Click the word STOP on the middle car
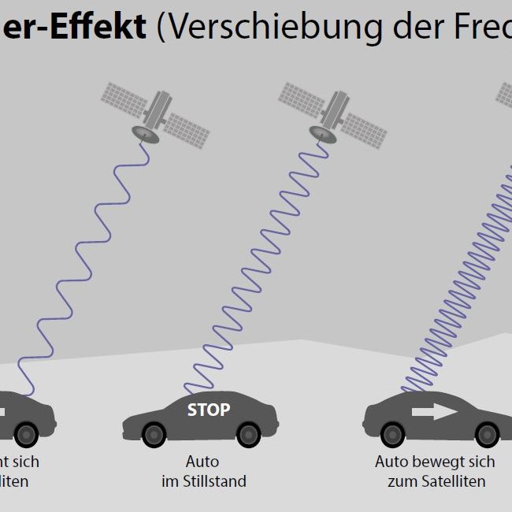pyautogui.click(x=209, y=410)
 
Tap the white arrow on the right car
pyautogui.click(x=434, y=411)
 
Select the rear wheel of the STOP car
pyautogui.click(x=154, y=434)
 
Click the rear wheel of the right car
pyautogui.click(x=393, y=433)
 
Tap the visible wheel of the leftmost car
pyautogui.click(x=26, y=433)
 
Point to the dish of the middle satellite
pyautogui.click(x=323, y=132)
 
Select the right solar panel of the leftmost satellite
pyautogui.click(x=186, y=130)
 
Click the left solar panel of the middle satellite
pyautogui.click(x=301, y=98)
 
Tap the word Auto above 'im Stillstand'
pyautogui.click(x=202, y=462)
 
